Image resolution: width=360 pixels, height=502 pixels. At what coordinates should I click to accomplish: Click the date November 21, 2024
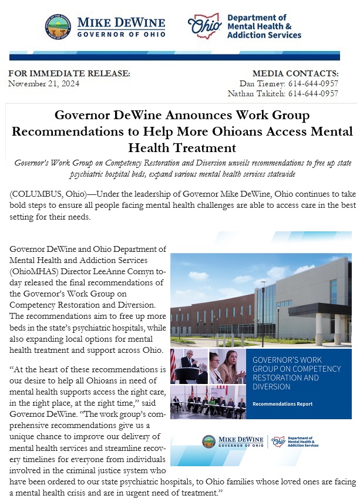point(44,83)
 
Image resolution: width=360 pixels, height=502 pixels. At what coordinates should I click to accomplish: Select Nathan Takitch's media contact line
point(283,93)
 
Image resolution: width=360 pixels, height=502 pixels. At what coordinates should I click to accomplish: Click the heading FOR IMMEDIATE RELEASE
point(69,73)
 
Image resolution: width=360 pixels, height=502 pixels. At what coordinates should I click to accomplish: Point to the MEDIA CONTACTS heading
point(295,73)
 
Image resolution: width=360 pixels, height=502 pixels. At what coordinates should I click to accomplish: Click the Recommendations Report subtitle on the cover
point(282,404)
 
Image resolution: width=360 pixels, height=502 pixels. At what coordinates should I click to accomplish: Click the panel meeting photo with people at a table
point(208,403)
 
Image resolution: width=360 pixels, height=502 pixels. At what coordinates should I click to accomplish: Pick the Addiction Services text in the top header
point(264,35)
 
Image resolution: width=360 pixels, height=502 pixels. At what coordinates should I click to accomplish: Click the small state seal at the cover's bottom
point(208,442)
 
